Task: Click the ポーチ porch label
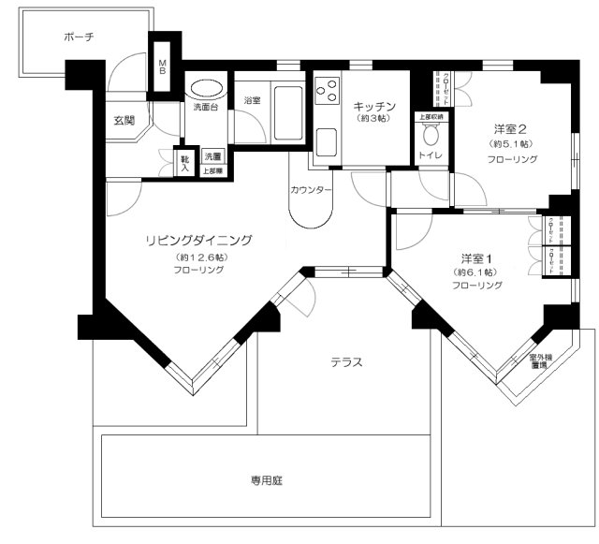[80, 37]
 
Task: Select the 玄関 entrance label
[125, 120]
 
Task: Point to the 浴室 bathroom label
[252, 99]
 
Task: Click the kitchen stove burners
[328, 91]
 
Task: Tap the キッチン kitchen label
[372, 107]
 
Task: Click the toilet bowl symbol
[431, 133]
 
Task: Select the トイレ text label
[431, 156]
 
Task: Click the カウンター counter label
[311, 189]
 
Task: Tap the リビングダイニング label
[199, 240]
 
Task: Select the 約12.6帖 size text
[199, 256]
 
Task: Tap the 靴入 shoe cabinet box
[184, 164]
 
